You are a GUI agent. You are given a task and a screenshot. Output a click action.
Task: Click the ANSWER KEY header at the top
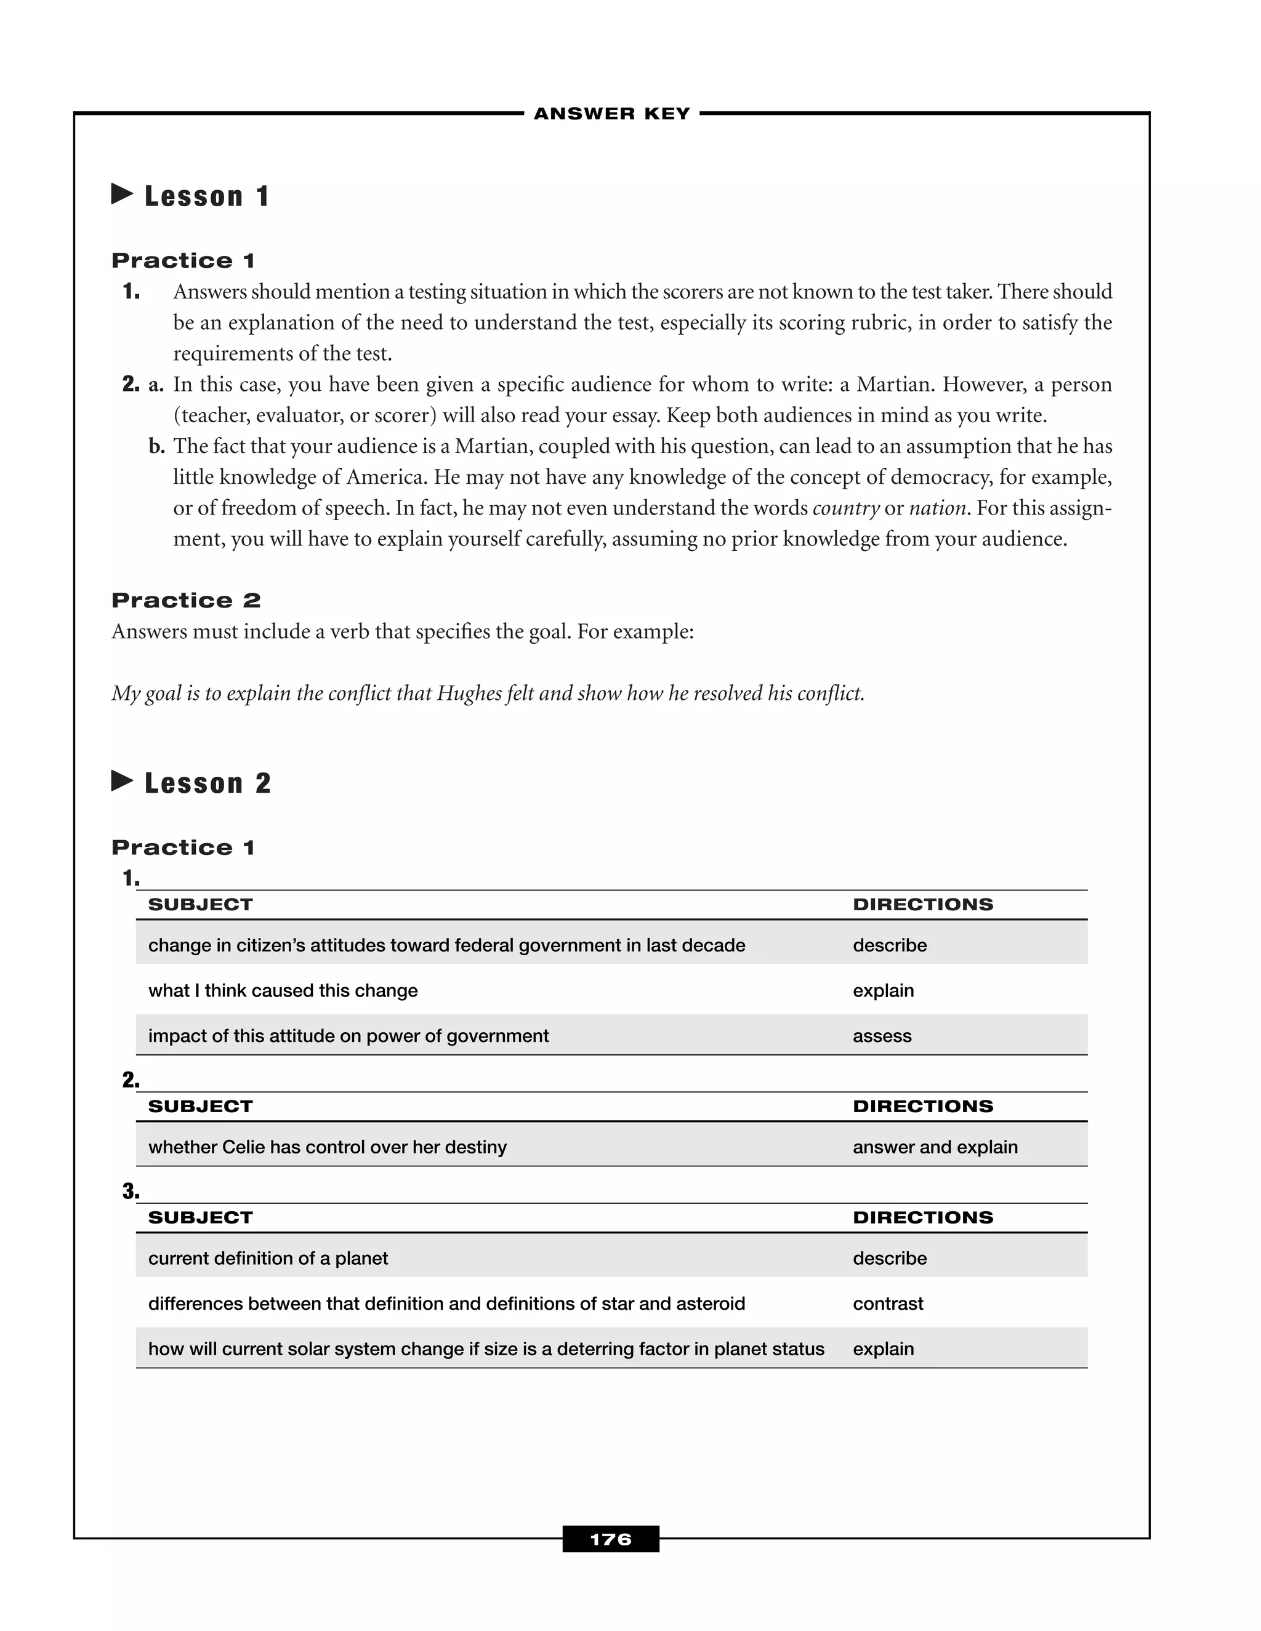click(612, 113)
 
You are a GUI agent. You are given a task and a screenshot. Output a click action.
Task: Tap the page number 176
click(610, 1539)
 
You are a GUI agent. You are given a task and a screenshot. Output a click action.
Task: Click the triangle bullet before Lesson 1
click(122, 194)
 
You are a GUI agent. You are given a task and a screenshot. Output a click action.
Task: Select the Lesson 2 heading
click(207, 783)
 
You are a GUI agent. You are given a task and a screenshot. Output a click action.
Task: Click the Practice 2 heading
click(186, 601)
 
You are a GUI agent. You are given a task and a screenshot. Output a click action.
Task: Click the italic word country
click(845, 508)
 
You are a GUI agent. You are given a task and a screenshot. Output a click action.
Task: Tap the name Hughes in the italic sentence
click(470, 694)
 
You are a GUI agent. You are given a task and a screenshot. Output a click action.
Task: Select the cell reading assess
click(882, 1036)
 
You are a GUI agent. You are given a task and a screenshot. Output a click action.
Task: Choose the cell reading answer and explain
click(935, 1147)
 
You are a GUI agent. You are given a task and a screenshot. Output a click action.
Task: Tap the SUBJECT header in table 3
click(200, 1217)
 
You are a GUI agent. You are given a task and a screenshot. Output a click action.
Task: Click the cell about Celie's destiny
click(327, 1147)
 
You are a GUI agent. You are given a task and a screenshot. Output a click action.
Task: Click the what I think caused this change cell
click(283, 991)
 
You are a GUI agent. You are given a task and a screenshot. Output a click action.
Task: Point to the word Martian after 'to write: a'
click(893, 385)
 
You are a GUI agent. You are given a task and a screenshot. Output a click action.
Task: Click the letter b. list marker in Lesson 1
click(156, 447)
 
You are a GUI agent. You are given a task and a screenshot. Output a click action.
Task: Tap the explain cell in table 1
click(883, 991)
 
